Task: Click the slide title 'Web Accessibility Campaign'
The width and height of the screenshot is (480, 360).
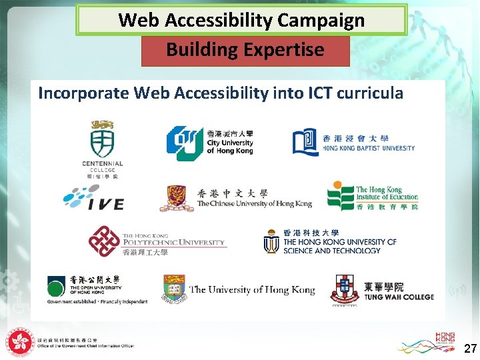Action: pyautogui.click(x=241, y=20)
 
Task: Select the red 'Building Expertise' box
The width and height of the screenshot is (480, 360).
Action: pyautogui.click(x=245, y=50)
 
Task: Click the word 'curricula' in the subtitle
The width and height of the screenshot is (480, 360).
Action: pyautogui.click(x=370, y=93)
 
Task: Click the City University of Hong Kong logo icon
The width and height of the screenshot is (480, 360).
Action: pyautogui.click(x=184, y=143)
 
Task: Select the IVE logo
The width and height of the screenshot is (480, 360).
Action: pyautogui.click(x=93, y=198)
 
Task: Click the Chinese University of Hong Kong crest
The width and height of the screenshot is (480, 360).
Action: pyautogui.click(x=176, y=199)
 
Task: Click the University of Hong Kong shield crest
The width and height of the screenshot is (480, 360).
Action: pyautogui.click(x=173, y=289)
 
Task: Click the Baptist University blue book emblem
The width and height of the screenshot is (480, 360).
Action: pyautogui.click(x=305, y=142)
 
